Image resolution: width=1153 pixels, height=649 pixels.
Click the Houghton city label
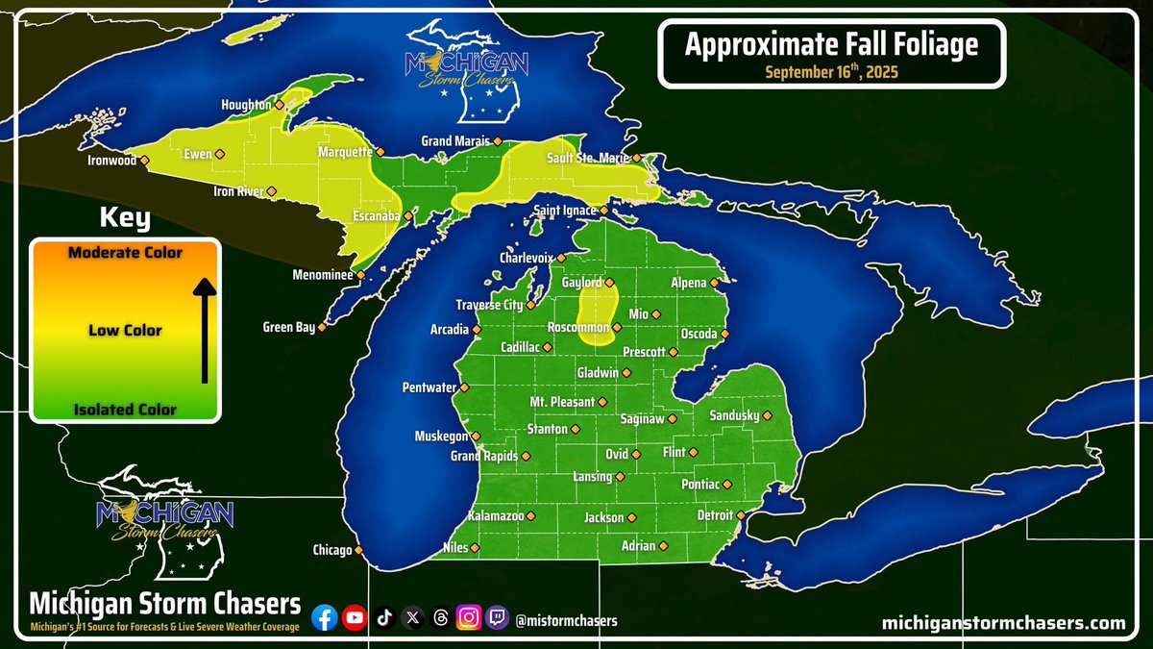246,105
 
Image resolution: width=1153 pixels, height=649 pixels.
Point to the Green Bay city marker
322,327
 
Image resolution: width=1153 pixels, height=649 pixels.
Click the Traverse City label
488,305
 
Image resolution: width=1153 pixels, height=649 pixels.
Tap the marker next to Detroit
741,515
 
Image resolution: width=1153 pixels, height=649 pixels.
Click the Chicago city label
331,551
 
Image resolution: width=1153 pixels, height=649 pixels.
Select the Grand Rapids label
484,456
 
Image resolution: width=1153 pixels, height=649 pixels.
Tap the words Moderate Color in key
126,252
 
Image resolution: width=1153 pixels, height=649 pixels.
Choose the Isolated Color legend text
126,410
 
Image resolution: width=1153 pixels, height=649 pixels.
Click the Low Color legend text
125,331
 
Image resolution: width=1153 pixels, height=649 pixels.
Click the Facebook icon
326,619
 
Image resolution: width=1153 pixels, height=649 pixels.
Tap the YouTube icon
355,619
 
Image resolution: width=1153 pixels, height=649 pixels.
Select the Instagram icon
468,619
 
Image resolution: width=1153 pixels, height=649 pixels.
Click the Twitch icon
497,619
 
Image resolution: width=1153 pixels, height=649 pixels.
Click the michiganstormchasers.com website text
1003,623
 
